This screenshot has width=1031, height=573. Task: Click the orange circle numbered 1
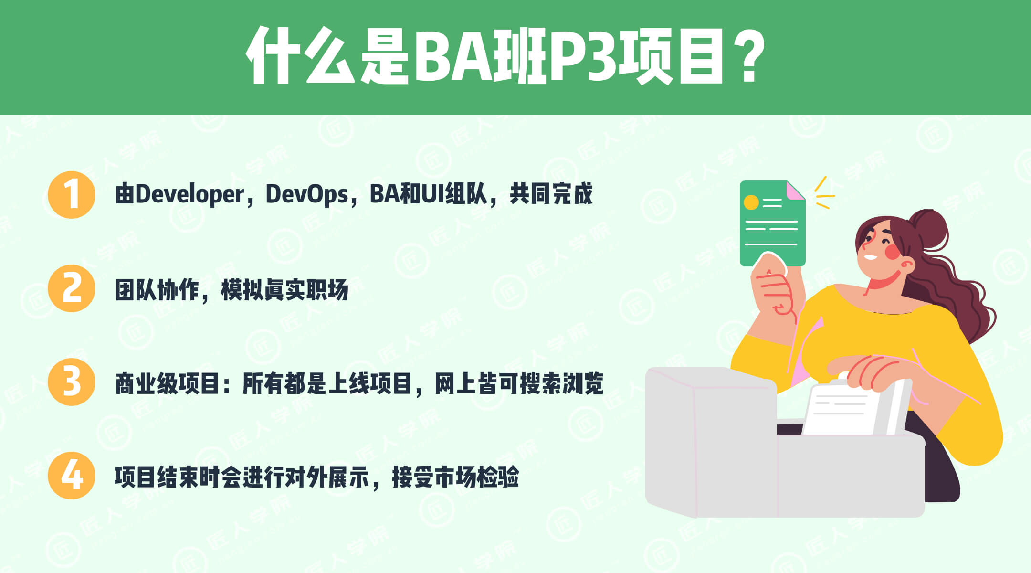(72, 195)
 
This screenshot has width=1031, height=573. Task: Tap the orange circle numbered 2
(72, 288)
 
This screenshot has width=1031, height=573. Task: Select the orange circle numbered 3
(72, 382)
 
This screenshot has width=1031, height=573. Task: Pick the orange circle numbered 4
(72, 476)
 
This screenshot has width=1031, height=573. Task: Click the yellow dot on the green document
(751, 202)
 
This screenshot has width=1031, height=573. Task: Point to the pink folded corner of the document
(795, 191)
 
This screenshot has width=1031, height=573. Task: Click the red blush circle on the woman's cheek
(892, 252)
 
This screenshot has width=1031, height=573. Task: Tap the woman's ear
(906, 264)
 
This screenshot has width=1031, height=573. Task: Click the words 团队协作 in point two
(157, 289)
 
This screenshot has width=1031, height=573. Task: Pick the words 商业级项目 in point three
(168, 383)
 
